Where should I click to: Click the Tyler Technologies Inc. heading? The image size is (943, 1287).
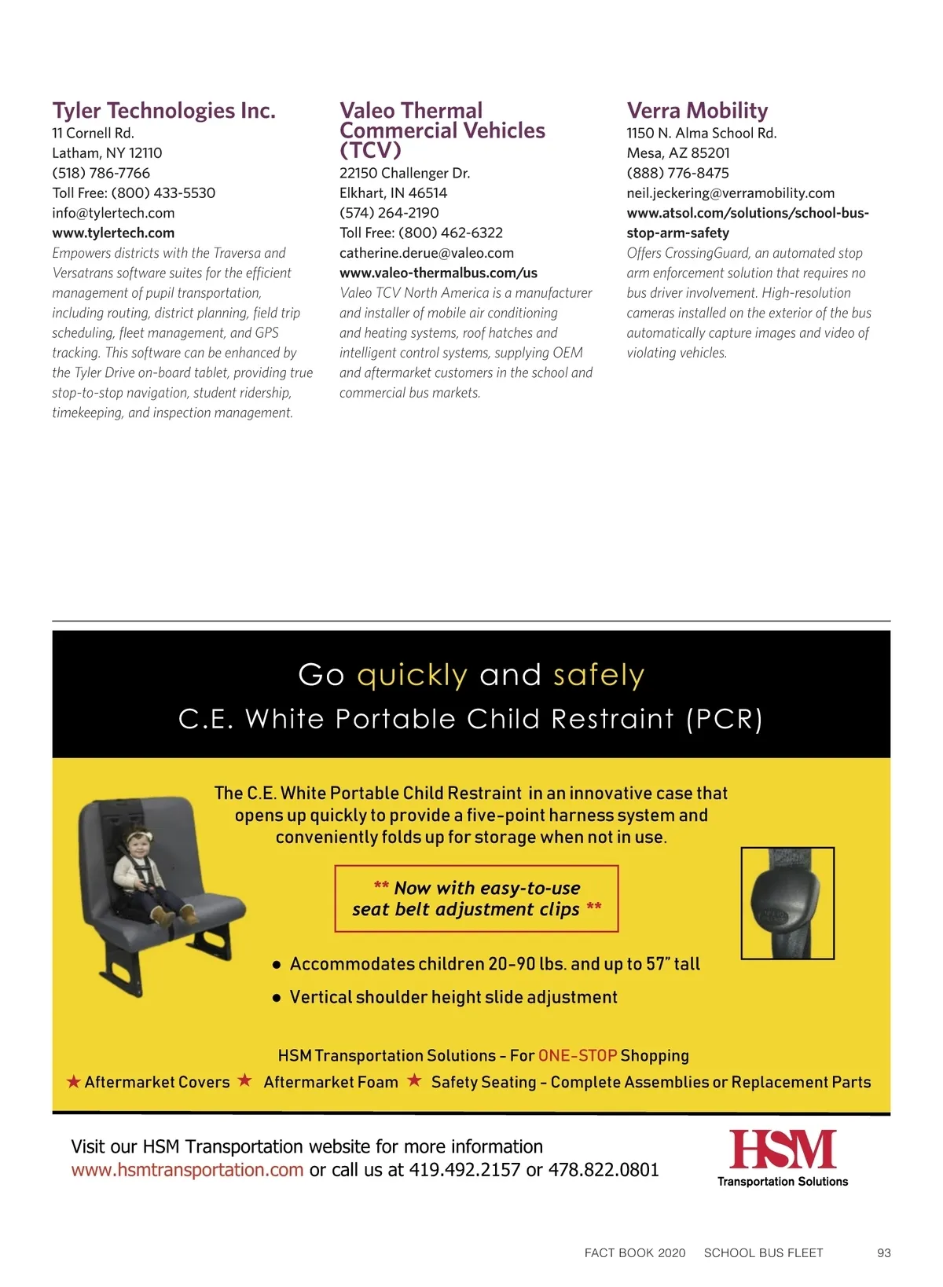[163, 111]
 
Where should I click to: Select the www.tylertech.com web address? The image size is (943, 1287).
[113, 233]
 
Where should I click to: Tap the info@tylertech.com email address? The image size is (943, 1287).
[113, 213]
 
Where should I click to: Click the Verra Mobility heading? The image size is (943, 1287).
[697, 111]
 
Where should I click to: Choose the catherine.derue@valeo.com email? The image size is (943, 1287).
[427, 253]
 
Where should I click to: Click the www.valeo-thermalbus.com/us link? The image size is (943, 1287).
[438, 273]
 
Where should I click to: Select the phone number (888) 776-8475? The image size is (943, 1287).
[677, 173]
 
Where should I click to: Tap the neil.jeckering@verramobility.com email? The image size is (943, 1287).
[730, 192]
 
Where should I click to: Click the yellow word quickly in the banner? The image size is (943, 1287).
[412, 675]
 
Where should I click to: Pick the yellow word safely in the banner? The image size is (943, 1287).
[598, 675]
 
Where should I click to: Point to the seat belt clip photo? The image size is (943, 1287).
[787, 903]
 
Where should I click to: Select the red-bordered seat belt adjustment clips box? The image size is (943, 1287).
[476, 899]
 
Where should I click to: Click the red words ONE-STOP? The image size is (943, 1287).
[577, 1055]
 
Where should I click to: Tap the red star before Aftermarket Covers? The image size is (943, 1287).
[74, 1082]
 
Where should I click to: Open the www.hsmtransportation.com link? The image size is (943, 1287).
[187, 1170]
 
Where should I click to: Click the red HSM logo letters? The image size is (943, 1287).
[783, 1149]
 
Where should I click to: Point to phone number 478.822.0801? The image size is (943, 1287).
[604, 1170]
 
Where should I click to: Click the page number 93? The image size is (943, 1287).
[883, 1252]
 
